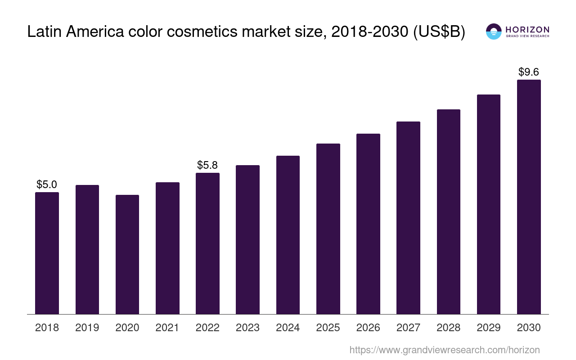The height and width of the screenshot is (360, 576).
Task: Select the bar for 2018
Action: pos(47,253)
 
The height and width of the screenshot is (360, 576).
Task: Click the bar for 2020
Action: pos(127,254)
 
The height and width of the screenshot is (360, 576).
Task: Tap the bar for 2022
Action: pos(207,243)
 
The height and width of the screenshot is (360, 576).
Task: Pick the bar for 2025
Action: pos(328,229)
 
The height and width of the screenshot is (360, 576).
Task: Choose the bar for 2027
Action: pos(408,218)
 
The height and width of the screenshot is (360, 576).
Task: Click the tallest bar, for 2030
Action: pos(529,197)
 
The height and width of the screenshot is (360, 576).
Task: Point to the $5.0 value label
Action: pos(47,184)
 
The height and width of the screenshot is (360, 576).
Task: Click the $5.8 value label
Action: pos(207,165)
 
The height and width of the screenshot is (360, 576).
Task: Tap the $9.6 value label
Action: pos(529,72)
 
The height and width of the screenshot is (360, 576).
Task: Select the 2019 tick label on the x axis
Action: pos(87,328)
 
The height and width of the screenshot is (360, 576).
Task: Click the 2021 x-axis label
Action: pos(167,328)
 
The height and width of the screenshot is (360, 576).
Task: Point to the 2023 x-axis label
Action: pos(247,328)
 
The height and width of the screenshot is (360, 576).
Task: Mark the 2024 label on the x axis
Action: pos(288,328)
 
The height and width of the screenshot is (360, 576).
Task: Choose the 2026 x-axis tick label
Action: pos(368,328)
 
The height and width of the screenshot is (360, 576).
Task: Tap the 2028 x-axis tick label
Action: pos(449,328)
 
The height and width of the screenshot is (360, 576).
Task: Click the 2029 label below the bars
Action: pos(489,328)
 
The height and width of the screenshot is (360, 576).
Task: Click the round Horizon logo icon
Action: pos(494,31)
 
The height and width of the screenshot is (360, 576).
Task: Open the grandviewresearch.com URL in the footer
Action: pos(445,350)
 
